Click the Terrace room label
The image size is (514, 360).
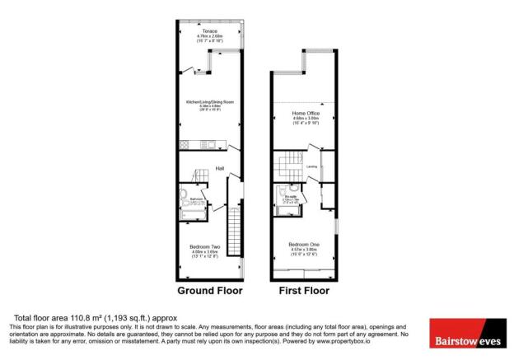[x=210, y=30]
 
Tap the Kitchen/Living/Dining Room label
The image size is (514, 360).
[x=210, y=101]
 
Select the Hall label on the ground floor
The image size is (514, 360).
[x=220, y=170]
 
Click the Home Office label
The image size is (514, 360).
[x=304, y=113]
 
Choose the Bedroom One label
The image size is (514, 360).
[x=304, y=245]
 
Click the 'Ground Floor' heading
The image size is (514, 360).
[x=209, y=291]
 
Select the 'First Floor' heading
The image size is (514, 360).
[x=303, y=291]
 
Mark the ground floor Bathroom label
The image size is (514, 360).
[x=195, y=199]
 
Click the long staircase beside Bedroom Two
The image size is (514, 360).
[x=233, y=232]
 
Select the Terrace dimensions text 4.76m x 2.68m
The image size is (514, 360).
[x=210, y=36]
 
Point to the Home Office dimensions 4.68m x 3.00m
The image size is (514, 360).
[x=304, y=119]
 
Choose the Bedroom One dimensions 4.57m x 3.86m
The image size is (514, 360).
[x=304, y=250]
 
